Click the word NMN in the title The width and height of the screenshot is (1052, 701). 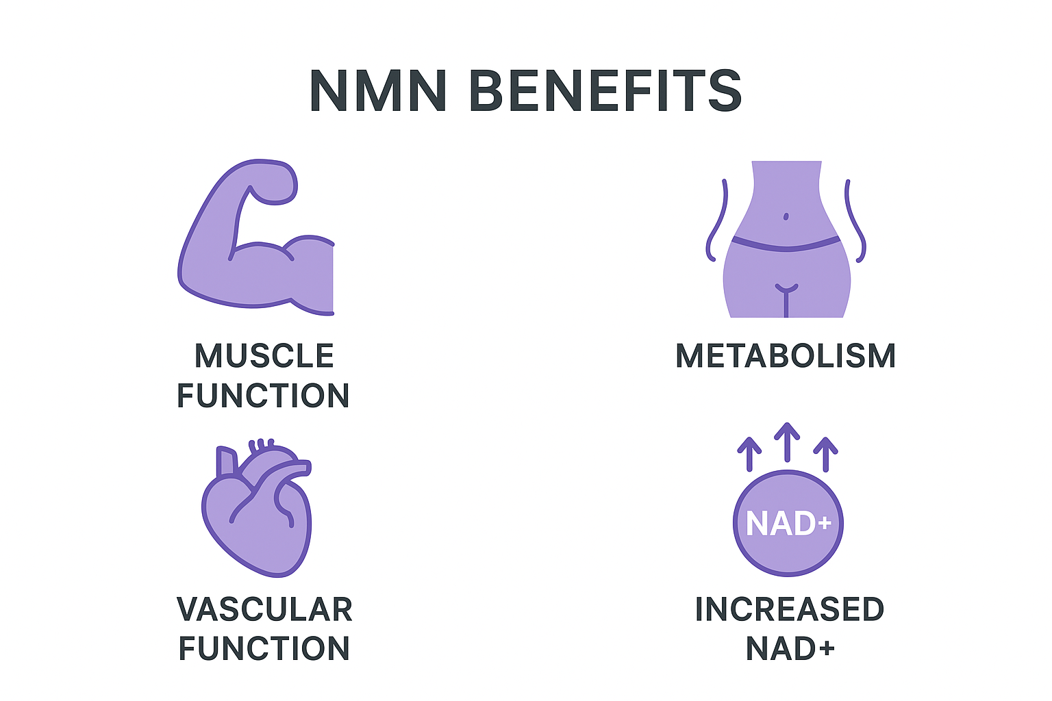pos(378,91)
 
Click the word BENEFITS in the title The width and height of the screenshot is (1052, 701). pos(605,91)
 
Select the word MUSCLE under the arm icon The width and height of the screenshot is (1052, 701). pos(264,356)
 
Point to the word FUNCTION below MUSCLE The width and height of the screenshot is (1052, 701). pos(264,396)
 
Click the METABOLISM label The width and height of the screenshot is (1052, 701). pos(786,356)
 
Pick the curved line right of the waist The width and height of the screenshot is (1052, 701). pos(855,222)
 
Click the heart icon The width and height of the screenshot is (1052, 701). pos(257,510)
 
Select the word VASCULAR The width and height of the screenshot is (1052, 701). pos(264,609)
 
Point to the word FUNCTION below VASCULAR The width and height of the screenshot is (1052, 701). pos(264,649)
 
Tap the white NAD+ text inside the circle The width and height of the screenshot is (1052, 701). pos(788,524)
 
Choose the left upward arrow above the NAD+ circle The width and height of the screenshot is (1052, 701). pos(749,453)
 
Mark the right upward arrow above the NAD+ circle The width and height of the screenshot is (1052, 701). pos(825,453)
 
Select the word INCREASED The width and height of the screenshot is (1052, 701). pos(790,609)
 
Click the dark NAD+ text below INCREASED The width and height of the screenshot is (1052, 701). pos(790,649)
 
